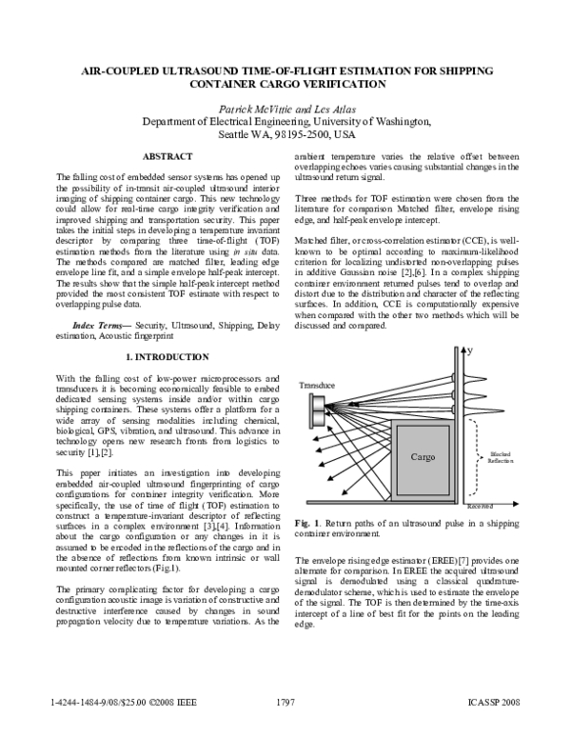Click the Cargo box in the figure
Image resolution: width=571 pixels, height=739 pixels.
point(422,457)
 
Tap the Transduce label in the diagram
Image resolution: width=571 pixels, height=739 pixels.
point(316,385)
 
